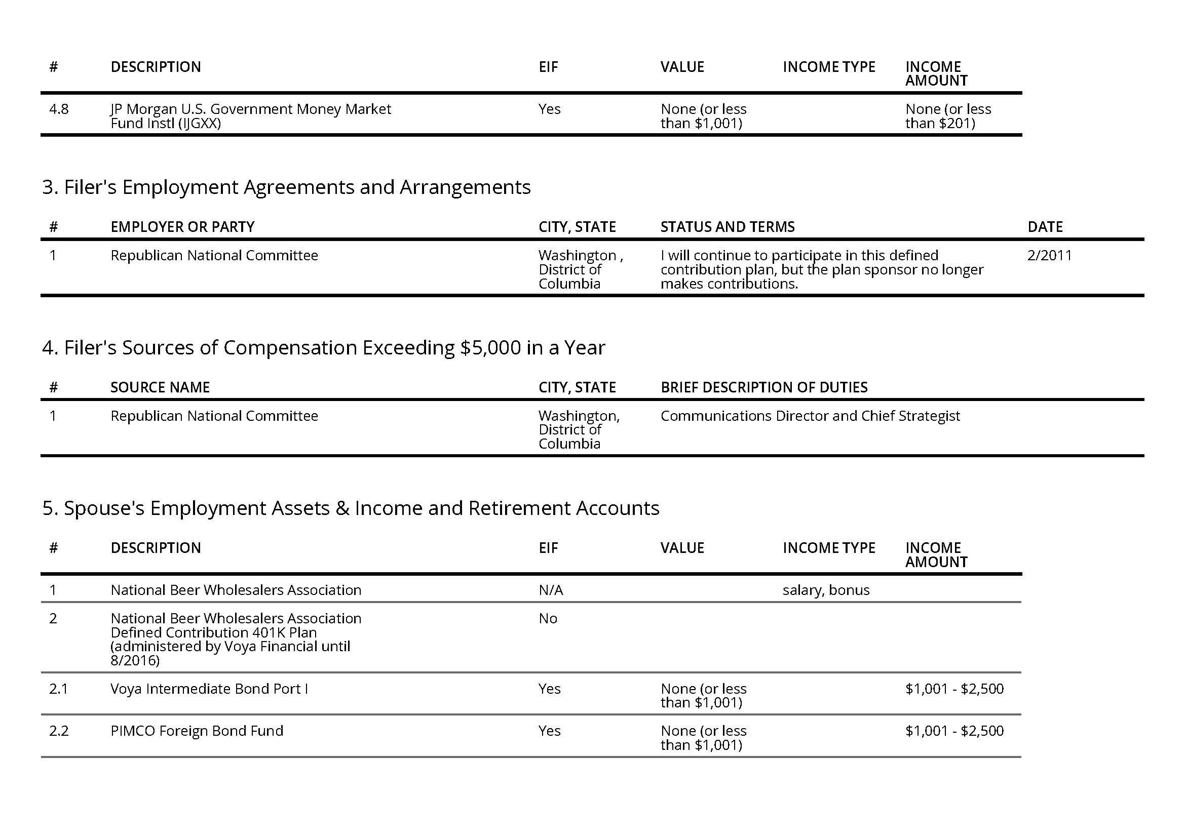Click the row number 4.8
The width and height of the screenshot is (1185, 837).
click(x=58, y=109)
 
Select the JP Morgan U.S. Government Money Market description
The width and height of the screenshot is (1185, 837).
click(x=250, y=116)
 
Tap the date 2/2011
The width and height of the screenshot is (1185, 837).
click(x=1049, y=256)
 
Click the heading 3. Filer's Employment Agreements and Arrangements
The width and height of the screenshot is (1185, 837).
click(x=286, y=187)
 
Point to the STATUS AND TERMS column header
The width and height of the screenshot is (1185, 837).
click(x=727, y=227)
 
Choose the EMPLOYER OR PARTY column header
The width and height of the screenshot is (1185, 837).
click(x=182, y=227)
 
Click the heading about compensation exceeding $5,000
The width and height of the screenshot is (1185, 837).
click(x=323, y=348)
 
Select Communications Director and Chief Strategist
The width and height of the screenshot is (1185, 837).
click(x=810, y=416)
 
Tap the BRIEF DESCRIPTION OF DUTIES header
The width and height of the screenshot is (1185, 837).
click(x=764, y=388)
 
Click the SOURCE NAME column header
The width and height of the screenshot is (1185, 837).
click(x=160, y=388)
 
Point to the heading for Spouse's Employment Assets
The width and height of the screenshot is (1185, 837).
click(x=351, y=508)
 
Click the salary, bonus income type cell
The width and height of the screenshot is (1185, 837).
click(x=826, y=590)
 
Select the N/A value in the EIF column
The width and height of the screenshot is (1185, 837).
click(x=551, y=590)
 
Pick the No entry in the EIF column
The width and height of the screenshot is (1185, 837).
click(x=548, y=619)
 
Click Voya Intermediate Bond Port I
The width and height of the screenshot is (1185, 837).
click(x=209, y=689)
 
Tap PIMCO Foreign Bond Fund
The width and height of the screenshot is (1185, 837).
click(x=197, y=731)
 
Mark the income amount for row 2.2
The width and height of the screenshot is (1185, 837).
click(x=954, y=731)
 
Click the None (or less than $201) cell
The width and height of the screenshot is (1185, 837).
click(x=947, y=116)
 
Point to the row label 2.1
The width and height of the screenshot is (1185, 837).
click(x=58, y=689)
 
